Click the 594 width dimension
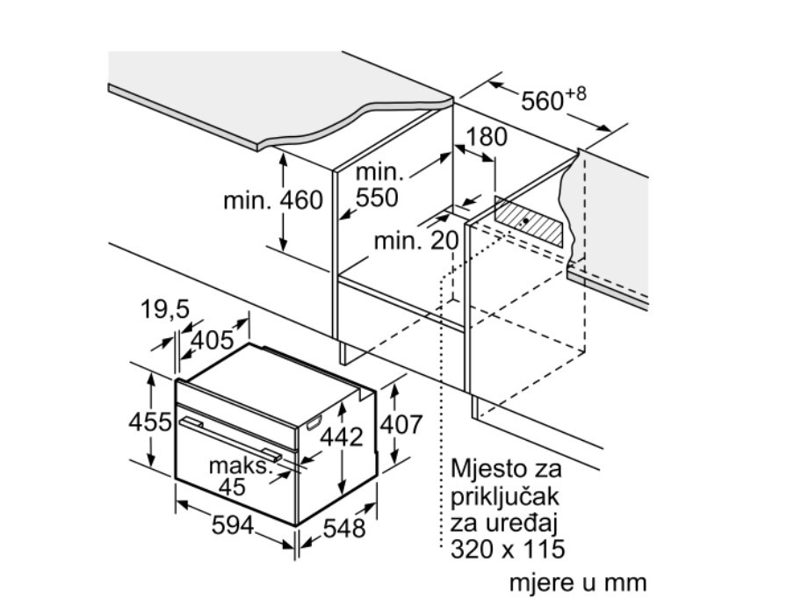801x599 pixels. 233,524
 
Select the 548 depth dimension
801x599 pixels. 344,528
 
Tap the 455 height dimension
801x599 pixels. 150,422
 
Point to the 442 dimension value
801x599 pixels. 342,437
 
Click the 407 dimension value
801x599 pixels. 402,424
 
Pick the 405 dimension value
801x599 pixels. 212,340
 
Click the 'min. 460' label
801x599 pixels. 273,200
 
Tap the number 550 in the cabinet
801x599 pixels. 377,197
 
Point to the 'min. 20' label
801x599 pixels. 416,240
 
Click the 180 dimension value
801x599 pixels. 487,136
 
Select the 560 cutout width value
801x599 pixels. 542,101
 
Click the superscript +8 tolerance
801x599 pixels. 575,94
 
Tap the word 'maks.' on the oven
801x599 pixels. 239,466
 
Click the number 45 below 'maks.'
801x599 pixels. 232,487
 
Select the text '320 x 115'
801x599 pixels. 508,549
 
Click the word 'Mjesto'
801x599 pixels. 487,469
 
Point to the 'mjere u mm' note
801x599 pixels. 578,582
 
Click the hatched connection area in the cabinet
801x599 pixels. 530,221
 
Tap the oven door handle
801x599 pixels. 229,438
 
